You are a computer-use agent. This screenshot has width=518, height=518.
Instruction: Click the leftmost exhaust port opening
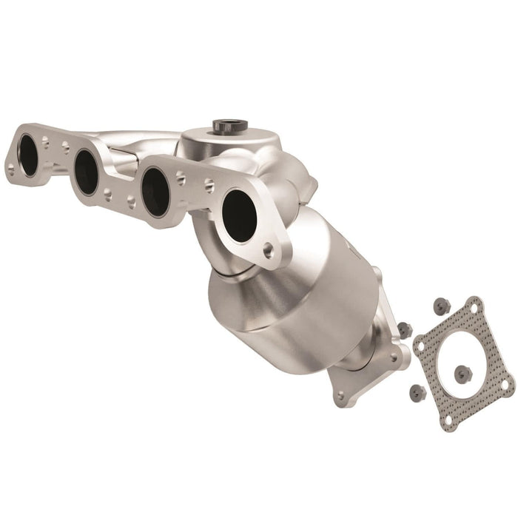click(x=29, y=156)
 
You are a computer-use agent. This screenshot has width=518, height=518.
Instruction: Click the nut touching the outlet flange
click(x=403, y=329)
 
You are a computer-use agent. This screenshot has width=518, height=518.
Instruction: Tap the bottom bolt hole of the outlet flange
click(x=340, y=396)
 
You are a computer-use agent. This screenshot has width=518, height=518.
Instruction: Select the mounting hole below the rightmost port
click(x=272, y=250)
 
